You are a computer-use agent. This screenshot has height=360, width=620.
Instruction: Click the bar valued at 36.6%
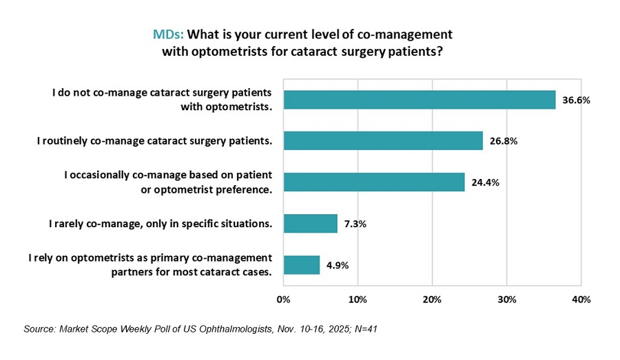(419, 100)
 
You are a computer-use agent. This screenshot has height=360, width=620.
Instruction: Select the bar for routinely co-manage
(382, 141)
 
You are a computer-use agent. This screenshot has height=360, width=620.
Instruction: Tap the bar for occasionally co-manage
(373, 182)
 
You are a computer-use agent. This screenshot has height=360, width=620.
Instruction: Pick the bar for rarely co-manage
(310, 224)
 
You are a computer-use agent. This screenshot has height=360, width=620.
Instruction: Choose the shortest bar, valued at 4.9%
(301, 265)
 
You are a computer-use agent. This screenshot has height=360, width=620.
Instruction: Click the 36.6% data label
(577, 100)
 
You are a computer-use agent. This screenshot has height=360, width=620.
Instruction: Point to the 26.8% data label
(504, 141)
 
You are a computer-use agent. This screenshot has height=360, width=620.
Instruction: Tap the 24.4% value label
(486, 182)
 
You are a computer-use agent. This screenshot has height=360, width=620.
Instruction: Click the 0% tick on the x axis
(283, 299)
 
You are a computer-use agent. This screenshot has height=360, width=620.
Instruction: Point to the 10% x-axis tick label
(357, 299)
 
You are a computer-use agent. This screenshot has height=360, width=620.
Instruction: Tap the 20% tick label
(431, 299)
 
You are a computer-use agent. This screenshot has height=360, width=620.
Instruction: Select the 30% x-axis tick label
(506, 299)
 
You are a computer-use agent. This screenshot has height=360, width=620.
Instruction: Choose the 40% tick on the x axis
(581, 299)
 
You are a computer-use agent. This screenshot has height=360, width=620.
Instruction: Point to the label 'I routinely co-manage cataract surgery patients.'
(154, 141)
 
